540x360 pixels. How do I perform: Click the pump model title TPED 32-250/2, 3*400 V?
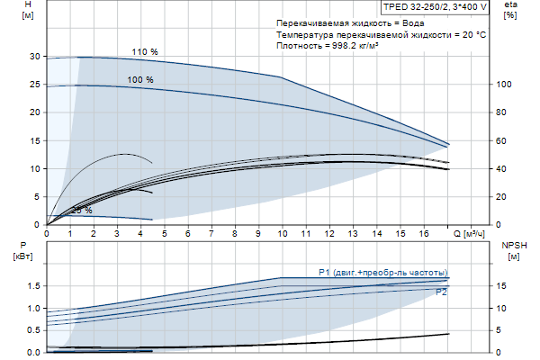(435, 7)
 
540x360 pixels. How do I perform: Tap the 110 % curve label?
(144, 51)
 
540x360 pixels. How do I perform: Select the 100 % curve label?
(139, 80)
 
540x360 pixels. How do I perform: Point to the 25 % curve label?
(81, 211)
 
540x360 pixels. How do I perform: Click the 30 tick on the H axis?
(34, 57)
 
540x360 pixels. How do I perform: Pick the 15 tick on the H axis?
(34, 140)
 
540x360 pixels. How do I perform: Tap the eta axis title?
(510, 5)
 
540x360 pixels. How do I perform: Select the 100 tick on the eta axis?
(506, 85)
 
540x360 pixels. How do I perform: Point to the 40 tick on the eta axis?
(506, 169)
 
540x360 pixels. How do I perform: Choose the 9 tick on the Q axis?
(258, 233)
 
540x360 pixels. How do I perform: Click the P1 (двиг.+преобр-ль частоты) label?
(382, 272)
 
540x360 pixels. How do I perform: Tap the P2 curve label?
(441, 292)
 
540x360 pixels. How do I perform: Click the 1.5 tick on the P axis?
(31, 286)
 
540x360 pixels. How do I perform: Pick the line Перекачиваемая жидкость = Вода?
(349, 22)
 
